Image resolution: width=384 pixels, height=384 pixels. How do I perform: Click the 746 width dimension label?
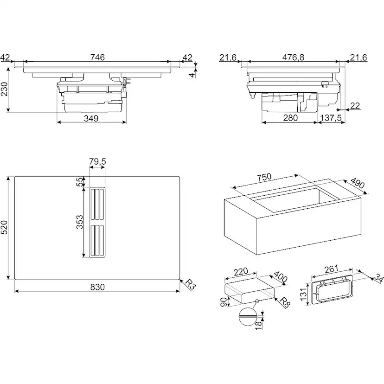pyautogui.click(x=97, y=57)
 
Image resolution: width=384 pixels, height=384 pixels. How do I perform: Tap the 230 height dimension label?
pyautogui.click(x=5, y=89)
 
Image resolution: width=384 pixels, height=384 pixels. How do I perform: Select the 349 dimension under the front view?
pyautogui.click(x=91, y=118)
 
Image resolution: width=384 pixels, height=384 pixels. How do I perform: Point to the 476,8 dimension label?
pyautogui.click(x=293, y=58)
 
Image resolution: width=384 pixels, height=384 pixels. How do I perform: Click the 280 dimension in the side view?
pyautogui.click(x=290, y=118)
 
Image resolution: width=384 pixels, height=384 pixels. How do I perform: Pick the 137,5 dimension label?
pyautogui.click(x=331, y=118)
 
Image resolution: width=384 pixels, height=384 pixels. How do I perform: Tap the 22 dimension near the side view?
pyautogui.click(x=355, y=106)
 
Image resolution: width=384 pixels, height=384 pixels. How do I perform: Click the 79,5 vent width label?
pyautogui.click(x=97, y=162)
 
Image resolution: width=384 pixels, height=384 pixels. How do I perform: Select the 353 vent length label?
pyautogui.click(x=80, y=222)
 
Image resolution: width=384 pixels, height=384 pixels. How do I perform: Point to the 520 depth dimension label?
pyautogui.click(x=5, y=227)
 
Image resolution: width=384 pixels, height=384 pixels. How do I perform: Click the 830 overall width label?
pyautogui.click(x=97, y=287)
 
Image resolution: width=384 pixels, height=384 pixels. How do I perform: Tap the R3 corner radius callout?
pyautogui.click(x=190, y=284)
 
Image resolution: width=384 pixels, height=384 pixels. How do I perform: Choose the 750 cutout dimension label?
pyautogui.click(x=264, y=177)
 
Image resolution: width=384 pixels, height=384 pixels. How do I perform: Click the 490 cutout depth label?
pyautogui.click(x=358, y=183)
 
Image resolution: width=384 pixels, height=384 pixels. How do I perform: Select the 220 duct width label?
pyautogui.click(x=241, y=272)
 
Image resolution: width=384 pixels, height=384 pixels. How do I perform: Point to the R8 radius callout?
pyautogui.click(x=285, y=302)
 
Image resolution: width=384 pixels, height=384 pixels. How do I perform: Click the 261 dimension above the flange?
pyautogui.click(x=331, y=269)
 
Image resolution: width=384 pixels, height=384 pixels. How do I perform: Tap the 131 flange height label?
pyautogui.click(x=303, y=294)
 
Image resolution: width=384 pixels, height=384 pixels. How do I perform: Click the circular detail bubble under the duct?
pyautogui.click(x=247, y=317)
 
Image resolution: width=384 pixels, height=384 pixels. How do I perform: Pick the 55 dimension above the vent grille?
pyautogui.click(x=80, y=182)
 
